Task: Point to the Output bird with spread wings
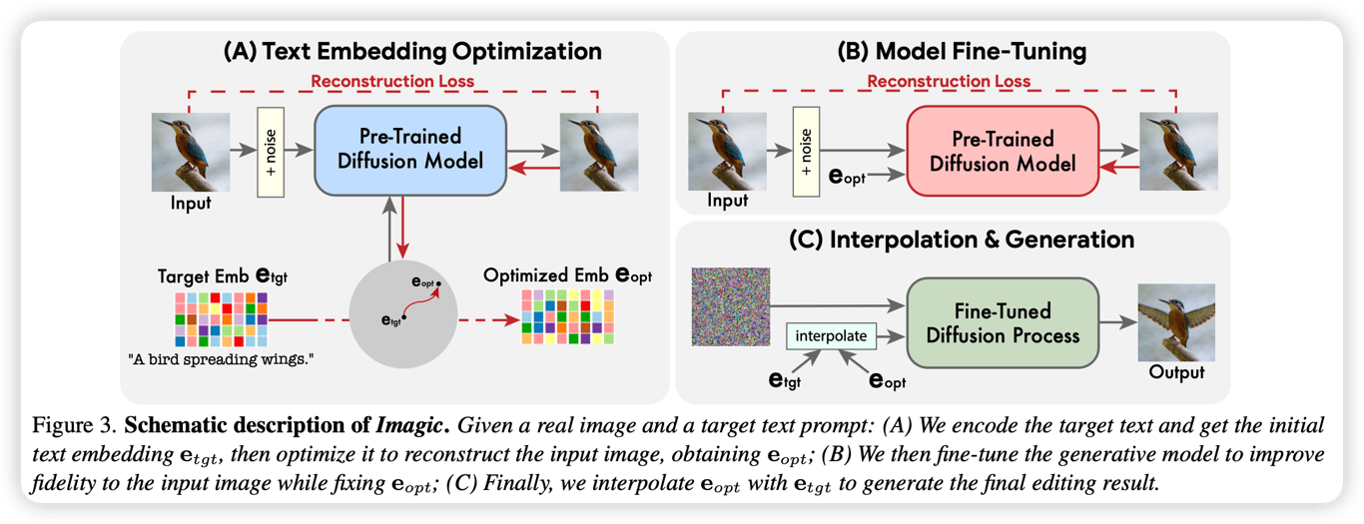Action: (x=1177, y=321)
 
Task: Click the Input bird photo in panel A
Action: (x=191, y=151)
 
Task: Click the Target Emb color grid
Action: (x=221, y=318)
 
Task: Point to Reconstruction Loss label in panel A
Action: (x=392, y=81)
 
